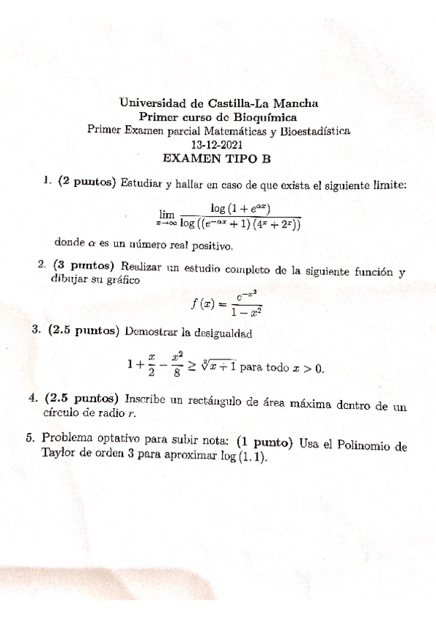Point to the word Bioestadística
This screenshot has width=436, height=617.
[315, 131]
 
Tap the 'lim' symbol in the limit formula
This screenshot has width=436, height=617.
[167, 214]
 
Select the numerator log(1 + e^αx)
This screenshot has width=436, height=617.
[239, 207]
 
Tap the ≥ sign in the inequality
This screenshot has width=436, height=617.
[192, 367]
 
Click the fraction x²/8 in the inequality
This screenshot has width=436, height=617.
[175, 365]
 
